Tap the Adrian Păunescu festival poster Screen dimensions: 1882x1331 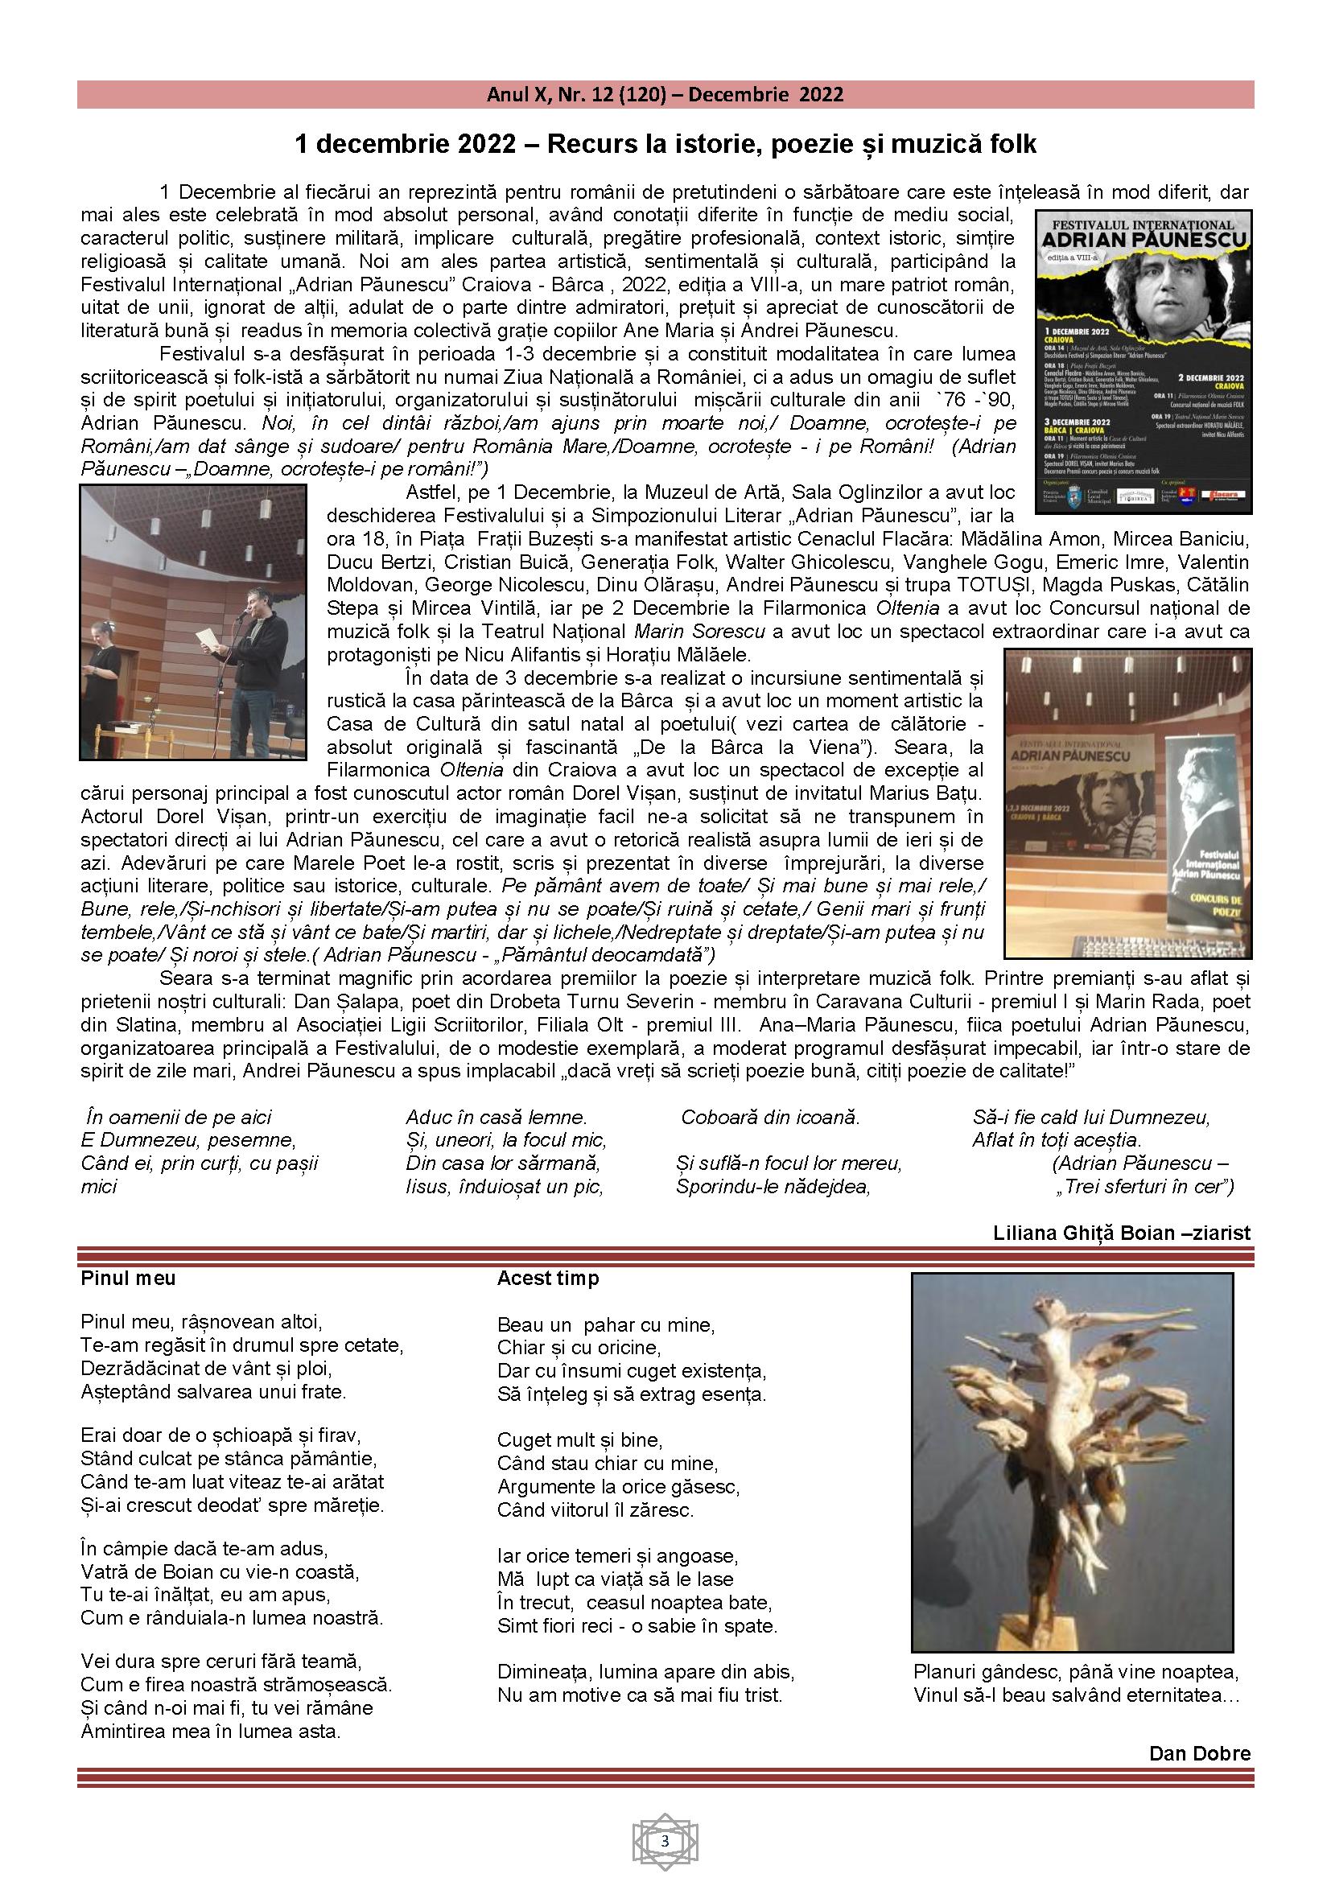tap(1144, 361)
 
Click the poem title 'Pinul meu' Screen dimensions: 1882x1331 tap(128, 1278)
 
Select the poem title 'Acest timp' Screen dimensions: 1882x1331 tap(547, 1278)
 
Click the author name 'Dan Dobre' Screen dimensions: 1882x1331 tap(1199, 1753)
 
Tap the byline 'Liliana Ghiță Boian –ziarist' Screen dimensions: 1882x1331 tap(1121, 1233)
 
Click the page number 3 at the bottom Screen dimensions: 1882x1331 tap(665, 1841)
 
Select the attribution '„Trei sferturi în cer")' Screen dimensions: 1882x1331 tap(1144, 1186)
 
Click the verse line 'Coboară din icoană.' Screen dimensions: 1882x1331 tap(769, 1118)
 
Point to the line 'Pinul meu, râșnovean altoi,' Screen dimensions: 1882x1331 tap(202, 1321)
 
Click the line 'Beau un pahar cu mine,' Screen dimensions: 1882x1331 tap(606, 1324)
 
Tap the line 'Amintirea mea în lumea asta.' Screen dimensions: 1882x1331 tap(211, 1731)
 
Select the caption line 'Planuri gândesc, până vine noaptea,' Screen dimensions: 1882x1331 tap(1075, 1671)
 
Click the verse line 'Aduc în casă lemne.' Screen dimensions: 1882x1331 tap(496, 1118)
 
